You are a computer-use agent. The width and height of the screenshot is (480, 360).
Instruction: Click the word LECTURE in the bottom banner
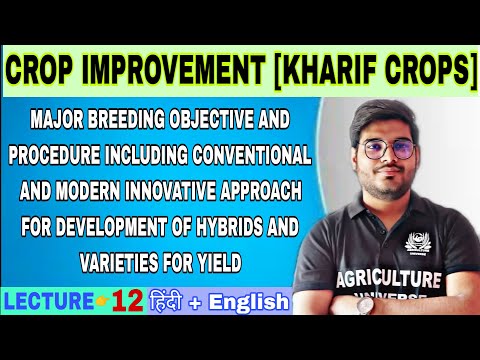pyautogui.click(x=43, y=300)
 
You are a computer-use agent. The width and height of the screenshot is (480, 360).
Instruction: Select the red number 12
pyautogui.click(x=126, y=300)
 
